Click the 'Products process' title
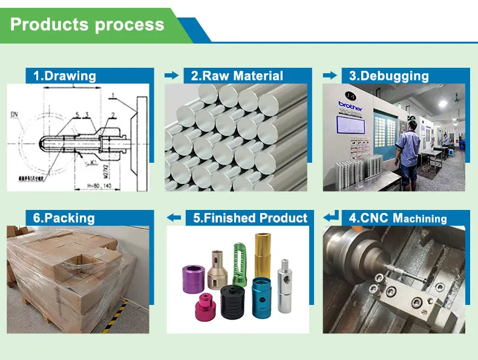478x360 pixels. click(x=87, y=25)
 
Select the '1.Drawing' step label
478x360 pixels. click(x=64, y=76)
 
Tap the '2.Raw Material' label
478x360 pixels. click(x=237, y=76)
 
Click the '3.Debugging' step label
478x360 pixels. click(x=389, y=76)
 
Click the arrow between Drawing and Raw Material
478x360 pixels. click(x=172, y=76)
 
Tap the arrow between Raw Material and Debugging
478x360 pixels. click(x=330, y=76)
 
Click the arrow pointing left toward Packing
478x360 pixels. click(x=174, y=217)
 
